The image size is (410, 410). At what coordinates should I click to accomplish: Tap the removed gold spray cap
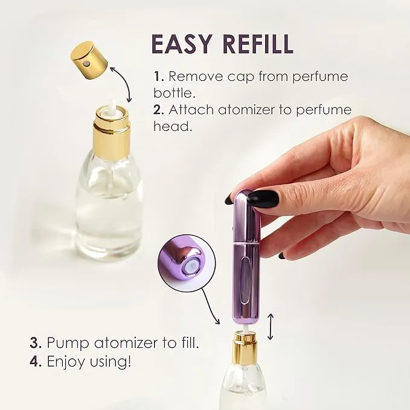90,62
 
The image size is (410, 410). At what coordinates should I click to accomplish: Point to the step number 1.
159,76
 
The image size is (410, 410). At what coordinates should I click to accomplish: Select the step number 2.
158,109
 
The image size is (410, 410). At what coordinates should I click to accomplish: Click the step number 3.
35,342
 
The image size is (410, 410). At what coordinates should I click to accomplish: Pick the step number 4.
35,361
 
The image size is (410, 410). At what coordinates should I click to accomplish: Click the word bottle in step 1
175,93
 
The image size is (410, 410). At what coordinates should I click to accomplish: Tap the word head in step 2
173,126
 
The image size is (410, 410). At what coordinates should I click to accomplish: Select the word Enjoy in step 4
67,362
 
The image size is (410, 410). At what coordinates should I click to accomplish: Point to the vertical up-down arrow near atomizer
271,327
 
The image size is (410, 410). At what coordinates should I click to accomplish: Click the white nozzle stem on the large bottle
112,105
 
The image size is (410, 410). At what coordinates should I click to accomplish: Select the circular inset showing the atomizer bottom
187,263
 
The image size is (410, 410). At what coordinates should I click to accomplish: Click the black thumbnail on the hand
263,199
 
